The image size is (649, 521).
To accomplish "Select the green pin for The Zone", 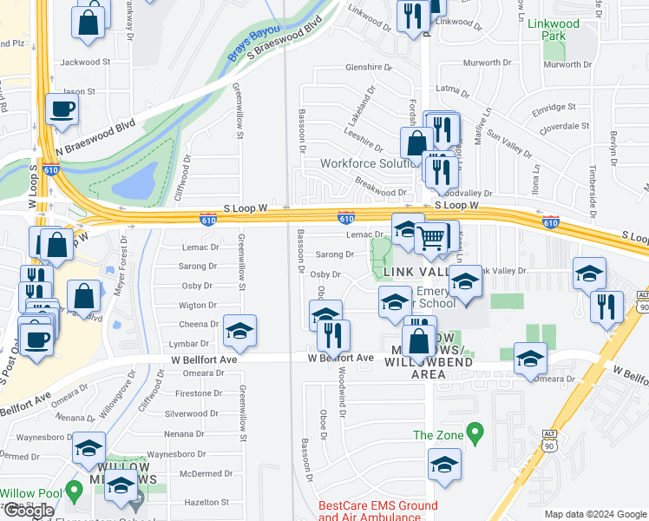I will click(x=474, y=432).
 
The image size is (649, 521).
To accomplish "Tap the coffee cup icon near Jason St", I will click(x=62, y=109).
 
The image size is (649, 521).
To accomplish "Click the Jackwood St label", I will click(x=86, y=63).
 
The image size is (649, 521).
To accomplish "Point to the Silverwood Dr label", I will click(x=191, y=413).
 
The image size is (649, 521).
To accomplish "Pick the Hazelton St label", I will click(x=193, y=503).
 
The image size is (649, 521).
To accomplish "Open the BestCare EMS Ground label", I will click(x=377, y=505).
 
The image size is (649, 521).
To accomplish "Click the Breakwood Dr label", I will click(x=381, y=192).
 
